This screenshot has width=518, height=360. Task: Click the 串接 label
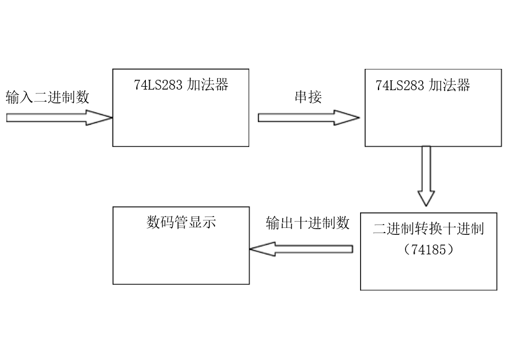click(x=308, y=97)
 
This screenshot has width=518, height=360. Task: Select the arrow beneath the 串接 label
click(x=308, y=118)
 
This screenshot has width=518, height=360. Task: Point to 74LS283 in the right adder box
click(x=400, y=86)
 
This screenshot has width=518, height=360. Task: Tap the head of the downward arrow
click(x=426, y=198)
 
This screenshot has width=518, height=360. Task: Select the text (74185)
click(x=428, y=250)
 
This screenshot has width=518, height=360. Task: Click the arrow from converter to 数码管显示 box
click(x=301, y=249)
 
